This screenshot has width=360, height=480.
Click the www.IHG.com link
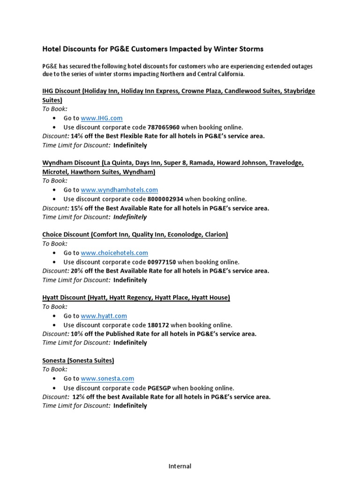coord(102,118)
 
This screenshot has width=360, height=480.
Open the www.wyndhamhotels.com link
coord(119,190)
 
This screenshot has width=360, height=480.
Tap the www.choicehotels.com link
coord(114,253)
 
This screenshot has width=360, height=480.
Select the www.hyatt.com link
coord(104,316)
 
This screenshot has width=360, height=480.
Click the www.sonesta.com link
coord(107,378)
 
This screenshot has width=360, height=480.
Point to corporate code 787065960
coord(164,127)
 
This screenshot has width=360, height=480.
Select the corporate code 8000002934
coord(165,199)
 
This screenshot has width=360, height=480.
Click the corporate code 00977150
coord(162,262)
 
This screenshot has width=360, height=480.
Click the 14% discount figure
coord(76,136)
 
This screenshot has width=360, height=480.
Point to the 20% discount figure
coord(76,271)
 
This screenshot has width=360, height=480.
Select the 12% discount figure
coord(78,397)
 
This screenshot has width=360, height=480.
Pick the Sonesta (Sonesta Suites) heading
coord(78,360)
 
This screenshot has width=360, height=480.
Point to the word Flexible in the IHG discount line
coord(122,136)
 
